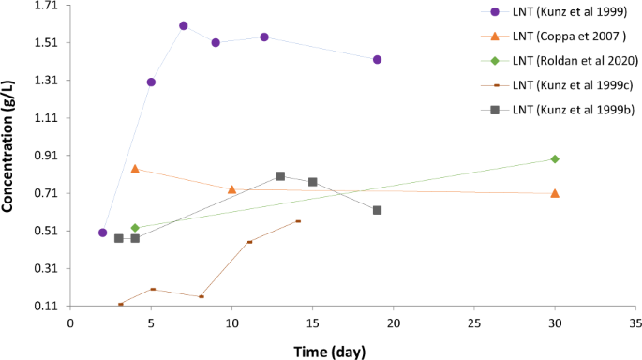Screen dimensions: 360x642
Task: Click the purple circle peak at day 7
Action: [x=184, y=25]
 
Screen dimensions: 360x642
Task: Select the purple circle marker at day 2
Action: [x=103, y=232]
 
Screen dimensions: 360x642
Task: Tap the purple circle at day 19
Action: [x=377, y=59]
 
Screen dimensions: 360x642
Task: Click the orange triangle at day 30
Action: [x=555, y=193]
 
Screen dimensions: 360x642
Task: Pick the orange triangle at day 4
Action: [x=135, y=169]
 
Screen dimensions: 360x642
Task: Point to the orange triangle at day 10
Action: [x=232, y=189]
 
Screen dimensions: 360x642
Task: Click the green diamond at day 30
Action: [x=555, y=159]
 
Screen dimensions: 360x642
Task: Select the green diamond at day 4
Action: [x=135, y=228]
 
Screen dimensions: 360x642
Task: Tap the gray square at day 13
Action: [x=280, y=176]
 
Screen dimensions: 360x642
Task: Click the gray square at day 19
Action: [x=377, y=210]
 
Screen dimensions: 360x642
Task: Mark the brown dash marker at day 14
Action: [x=298, y=221]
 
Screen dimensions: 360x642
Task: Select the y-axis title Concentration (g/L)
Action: [x=8, y=156]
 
